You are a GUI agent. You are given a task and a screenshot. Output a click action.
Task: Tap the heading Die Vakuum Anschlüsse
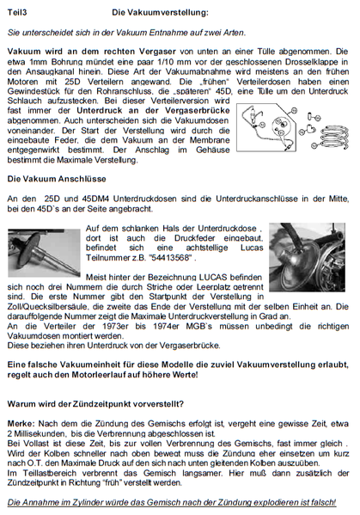coord(53,179)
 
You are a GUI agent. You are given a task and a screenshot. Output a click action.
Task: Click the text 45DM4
coord(89,199)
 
